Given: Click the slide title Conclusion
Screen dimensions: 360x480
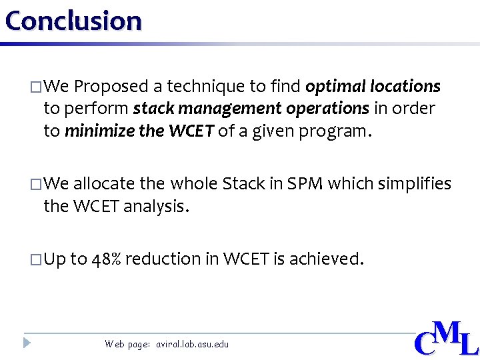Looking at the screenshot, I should (73, 21).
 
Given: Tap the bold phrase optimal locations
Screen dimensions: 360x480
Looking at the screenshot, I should (373, 87).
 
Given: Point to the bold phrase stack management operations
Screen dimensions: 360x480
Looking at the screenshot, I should (251, 109).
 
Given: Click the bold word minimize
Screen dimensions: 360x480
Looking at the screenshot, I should (100, 131).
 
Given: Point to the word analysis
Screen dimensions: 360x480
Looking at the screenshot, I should (156, 206).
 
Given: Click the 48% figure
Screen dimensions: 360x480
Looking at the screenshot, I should (106, 259).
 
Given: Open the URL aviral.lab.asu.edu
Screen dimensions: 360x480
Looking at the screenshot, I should (192, 345).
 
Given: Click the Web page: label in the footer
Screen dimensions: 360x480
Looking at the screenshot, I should (127, 345).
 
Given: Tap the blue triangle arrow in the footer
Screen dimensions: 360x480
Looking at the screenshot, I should (27, 343).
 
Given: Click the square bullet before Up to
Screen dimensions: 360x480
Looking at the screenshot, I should (35, 259).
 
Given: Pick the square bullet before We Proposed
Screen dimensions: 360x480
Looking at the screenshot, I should (35, 87).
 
